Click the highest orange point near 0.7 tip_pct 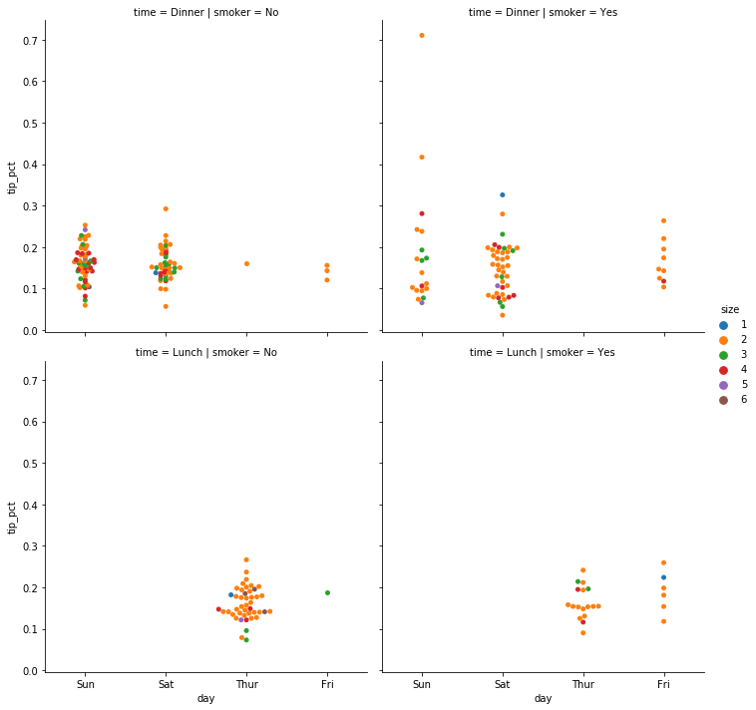click(422, 35)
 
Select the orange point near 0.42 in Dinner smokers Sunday click(422, 157)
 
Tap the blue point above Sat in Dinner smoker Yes click(503, 194)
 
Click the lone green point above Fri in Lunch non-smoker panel click(327, 592)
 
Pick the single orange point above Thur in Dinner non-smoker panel click(246, 263)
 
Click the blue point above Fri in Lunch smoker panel click(663, 577)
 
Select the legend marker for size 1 click(724, 325)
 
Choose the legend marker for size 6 click(724, 400)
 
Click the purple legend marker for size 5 click(724, 385)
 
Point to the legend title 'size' click(730, 309)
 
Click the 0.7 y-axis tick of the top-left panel click(30, 40)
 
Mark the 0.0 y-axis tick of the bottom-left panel click(30, 671)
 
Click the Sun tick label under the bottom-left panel click(85, 686)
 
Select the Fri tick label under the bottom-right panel click(663, 686)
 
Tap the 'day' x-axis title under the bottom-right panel click(543, 699)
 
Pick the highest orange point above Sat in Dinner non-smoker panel click(166, 208)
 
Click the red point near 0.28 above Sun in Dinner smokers click(422, 213)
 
